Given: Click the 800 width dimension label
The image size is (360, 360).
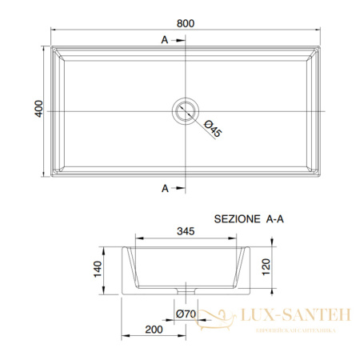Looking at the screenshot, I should pyautogui.click(x=186, y=23).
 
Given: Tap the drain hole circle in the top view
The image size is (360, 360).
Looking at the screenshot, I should pyautogui.click(x=186, y=109).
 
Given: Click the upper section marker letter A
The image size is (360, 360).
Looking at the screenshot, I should pyautogui.click(x=164, y=38).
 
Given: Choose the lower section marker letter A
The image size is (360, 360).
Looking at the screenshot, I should pyautogui.click(x=164, y=189).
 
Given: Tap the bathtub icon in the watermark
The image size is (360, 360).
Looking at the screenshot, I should pyautogui.click(x=213, y=318).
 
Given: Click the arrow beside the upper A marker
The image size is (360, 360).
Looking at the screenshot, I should pyautogui.click(x=178, y=39).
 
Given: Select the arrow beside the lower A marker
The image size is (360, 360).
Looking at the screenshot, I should pyautogui.click(x=178, y=189).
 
